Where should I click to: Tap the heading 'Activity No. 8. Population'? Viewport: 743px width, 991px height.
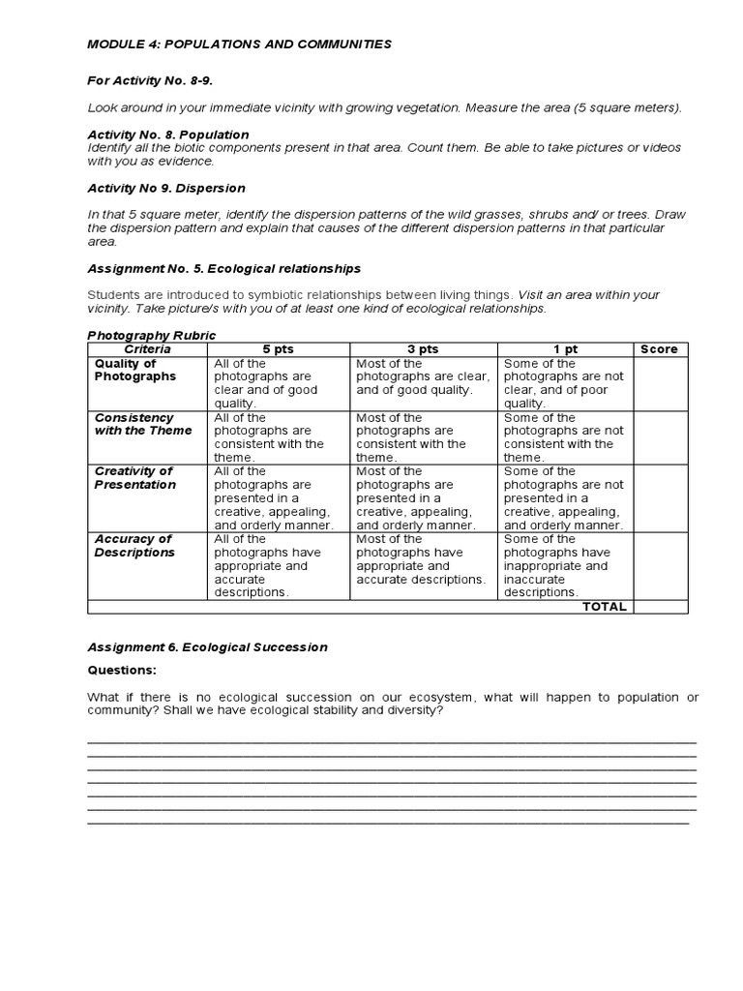[168, 135]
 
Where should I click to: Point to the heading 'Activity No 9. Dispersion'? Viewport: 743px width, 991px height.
[166, 188]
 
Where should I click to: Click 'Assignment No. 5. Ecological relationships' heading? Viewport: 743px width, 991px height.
[223, 268]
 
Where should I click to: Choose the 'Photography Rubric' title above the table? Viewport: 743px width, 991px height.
[152, 336]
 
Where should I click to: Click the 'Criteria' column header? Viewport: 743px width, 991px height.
[147, 349]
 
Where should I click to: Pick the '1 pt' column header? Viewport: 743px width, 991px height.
[565, 349]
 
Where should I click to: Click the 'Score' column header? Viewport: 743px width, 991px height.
[660, 349]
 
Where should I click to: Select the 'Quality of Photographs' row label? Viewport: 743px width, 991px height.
[135, 370]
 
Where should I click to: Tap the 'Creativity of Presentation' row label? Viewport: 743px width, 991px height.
[135, 478]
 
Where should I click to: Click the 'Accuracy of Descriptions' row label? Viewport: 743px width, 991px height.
[134, 546]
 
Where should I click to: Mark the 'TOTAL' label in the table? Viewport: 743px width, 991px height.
[604, 607]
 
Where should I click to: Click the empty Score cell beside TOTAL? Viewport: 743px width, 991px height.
[660, 607]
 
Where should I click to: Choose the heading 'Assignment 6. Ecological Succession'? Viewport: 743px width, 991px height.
[207, 647]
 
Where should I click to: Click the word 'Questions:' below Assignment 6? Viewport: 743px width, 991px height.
[121, 670]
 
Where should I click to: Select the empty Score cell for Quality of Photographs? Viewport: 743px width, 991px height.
[660, 383]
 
